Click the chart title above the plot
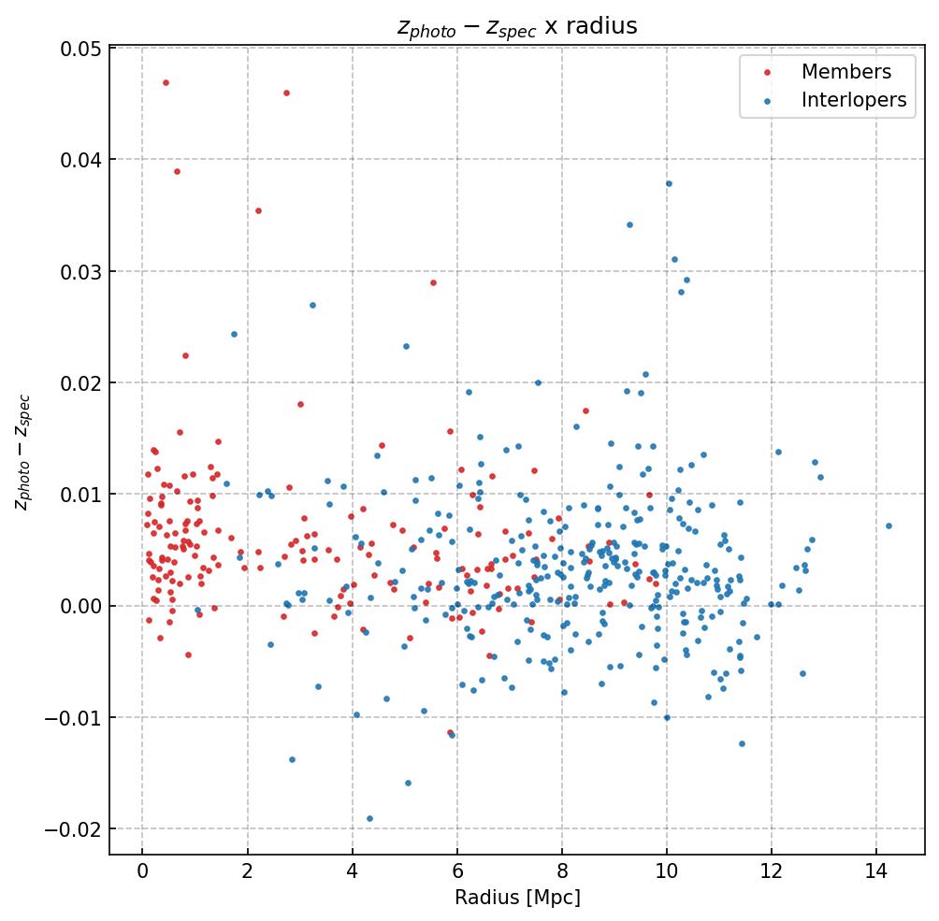tap(516, 26)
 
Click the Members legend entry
tap(845, 72)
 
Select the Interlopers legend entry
tap(853, 101)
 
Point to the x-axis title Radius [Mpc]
tap(517, 898)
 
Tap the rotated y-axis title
tap(22, 452)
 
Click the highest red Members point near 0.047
tap(166, 82)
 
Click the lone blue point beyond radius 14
tap(888, 525)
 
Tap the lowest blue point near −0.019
tap(369, 818)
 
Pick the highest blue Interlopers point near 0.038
tap(669, 183)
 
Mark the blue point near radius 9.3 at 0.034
tap(629, 224)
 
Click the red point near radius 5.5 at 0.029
tap(433, 282)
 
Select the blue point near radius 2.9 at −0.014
tap(292, 759)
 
